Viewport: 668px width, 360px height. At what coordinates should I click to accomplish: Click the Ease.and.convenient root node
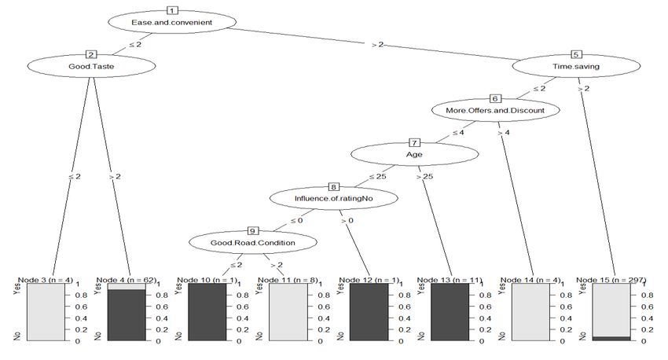[171, 22]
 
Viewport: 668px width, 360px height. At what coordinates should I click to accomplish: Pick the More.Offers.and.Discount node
[494, 110]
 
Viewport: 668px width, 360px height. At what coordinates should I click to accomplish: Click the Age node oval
[414, 155]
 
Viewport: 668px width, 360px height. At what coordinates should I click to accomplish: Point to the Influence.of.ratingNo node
[333, 198]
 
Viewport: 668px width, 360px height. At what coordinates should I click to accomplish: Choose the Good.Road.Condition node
[252, 243]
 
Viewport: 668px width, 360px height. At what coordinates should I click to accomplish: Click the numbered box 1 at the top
[172, 10]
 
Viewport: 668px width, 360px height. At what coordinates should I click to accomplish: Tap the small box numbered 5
[575, 54]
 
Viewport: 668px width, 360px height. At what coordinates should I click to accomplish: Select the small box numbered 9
[252, 230]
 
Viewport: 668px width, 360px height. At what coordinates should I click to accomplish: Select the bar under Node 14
[530, 312]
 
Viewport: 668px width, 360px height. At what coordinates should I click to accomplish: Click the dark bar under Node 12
[369, 312]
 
